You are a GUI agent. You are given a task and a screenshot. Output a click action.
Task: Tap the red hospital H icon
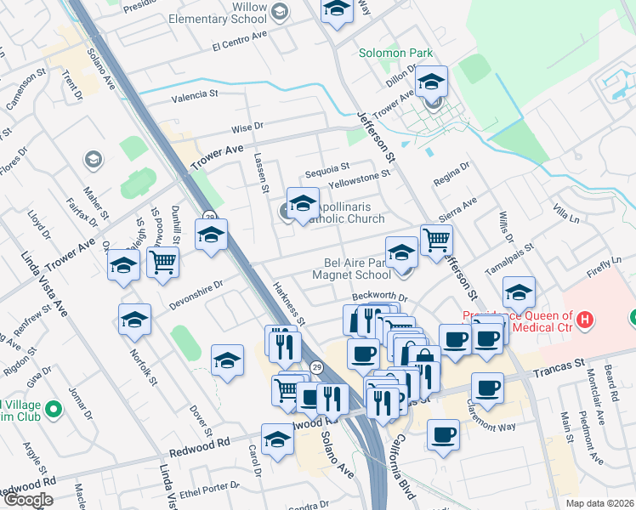(x=584, y=320)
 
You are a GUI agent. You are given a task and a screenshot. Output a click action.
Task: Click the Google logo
(x=27, y=500)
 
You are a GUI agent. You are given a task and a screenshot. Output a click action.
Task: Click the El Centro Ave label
(x=240, y=45)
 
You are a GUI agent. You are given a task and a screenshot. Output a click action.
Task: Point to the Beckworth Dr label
(x=379, y=299)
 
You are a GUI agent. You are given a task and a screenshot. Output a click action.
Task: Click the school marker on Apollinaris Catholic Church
(x=303, y=204)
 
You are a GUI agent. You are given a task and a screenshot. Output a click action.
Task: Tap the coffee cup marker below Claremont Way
(x=442, y=435)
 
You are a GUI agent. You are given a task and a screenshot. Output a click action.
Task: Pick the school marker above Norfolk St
(x=134, y=320)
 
